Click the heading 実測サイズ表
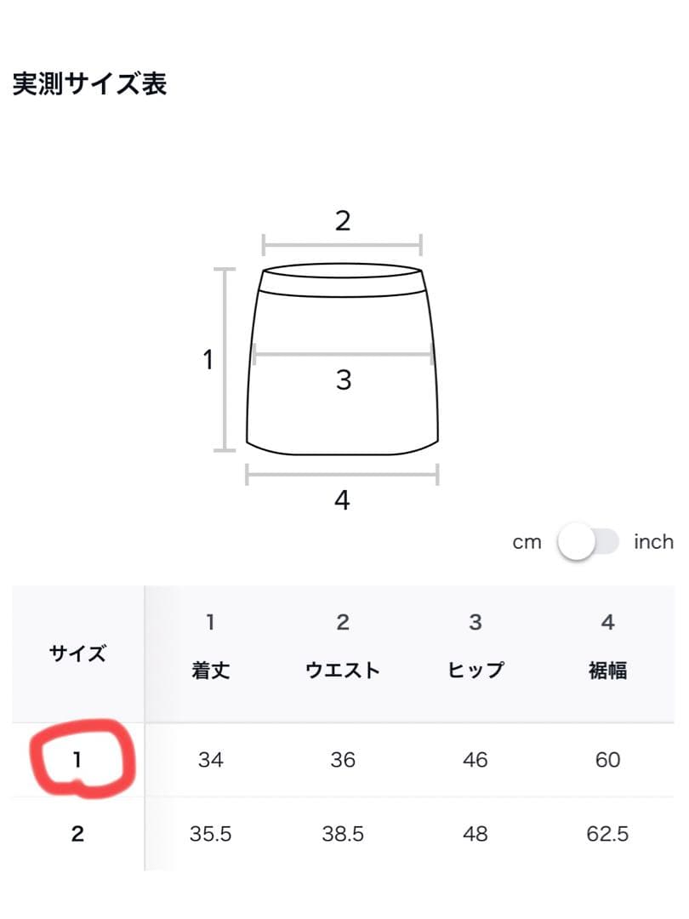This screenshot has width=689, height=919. click(89, 83)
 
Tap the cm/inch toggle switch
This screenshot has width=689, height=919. click(588, 541)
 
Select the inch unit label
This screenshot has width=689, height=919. click(653, 541)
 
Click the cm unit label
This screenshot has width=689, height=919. click(527, 542)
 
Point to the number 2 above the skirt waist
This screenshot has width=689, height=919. click(343, 221)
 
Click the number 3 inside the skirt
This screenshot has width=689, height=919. click(344, 380)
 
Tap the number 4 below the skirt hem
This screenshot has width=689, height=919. click(342, 500)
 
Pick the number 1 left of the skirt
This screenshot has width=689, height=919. click(208, 359)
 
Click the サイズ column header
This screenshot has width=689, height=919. click(77, 653)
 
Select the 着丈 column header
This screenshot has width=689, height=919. click(210, 670)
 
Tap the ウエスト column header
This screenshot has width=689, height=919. click(343, 670)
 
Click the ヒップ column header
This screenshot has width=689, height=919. click(475, 670)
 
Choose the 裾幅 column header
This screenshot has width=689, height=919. click(607, 670)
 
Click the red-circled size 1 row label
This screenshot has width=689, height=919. click(77, 760)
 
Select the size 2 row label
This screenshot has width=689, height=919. click(77, 833)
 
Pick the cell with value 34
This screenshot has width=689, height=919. click(210, 760)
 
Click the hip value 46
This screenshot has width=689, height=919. click(475, 760)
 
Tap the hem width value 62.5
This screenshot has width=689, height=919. click(607, 833)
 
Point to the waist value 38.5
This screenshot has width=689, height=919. click(343, 833)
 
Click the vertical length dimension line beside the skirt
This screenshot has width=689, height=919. click(225, 359)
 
